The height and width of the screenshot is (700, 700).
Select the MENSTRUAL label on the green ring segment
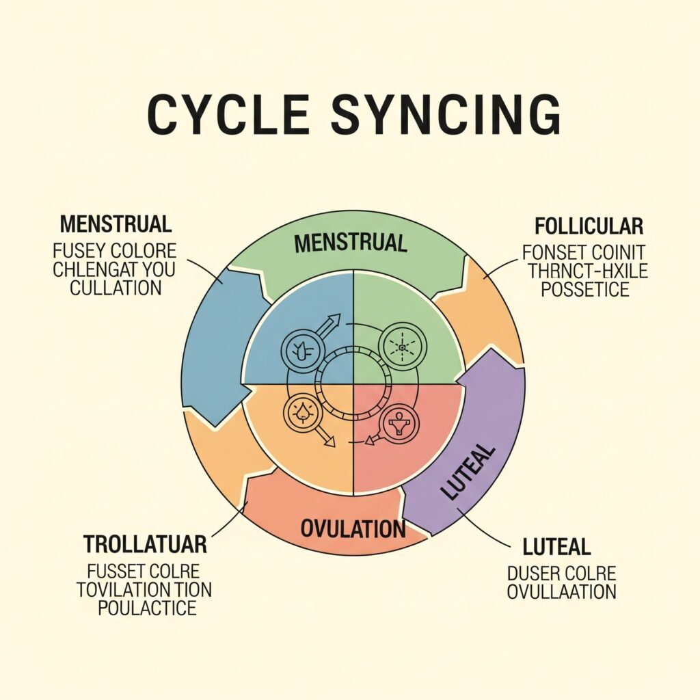(x=351, y=242)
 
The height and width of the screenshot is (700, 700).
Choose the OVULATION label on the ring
(x=353, y=528)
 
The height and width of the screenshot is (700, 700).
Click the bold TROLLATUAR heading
(x=145, y=545)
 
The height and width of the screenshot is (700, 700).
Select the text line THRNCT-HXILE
(x=587, y=271)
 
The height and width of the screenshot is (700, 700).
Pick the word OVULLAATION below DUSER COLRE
(x=561, y=591)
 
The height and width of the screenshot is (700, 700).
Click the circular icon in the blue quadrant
(x=299, y=350)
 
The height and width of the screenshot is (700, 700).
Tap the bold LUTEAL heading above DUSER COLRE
(x=556, y=548)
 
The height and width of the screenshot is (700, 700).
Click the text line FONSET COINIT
(x=584, y=252)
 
